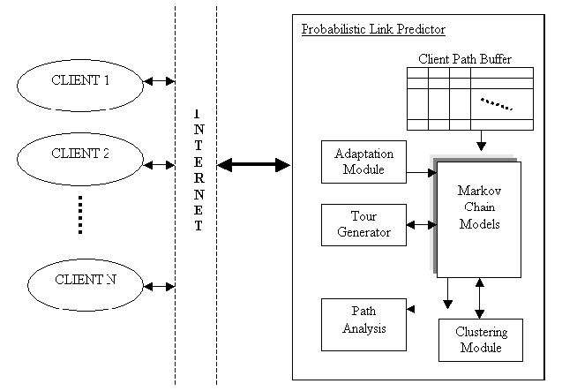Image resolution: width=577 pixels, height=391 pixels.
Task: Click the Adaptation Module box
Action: tap(358, 161)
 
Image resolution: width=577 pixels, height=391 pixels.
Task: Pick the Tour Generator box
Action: tap(358, 224)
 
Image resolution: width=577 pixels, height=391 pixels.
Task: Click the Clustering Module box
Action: tap(480, 340)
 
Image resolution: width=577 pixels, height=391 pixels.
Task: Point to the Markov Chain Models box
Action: tap(479, 218)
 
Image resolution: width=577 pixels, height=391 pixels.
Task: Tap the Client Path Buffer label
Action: tap(465, 59)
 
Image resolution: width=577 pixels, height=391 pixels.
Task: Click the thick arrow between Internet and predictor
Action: tap(253, 165)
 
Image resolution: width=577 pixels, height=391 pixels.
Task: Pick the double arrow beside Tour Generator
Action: tap(420, 225)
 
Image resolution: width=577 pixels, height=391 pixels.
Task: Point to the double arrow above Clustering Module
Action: tap(480, 298)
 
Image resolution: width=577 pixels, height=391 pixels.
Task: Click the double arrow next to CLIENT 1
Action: tap(160, 81)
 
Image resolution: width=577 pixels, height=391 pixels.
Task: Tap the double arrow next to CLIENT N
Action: tap(160, 286)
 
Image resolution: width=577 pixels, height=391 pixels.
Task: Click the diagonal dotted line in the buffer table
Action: tap(496, 104)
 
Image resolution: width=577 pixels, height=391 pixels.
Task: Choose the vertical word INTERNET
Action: tap(199, 171)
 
